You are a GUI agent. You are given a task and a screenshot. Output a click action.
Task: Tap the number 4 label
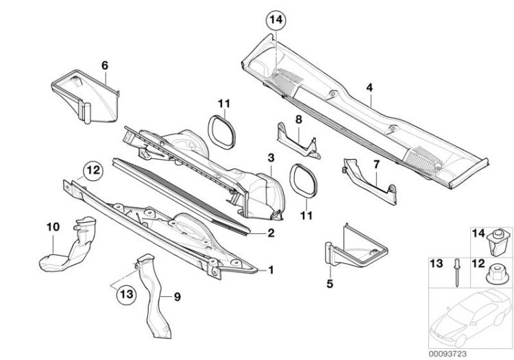pyautogui.click(x=369, y=88)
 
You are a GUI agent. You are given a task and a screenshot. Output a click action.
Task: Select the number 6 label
pyautogui.click(x=105, y=65)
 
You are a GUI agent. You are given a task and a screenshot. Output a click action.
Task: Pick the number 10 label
pyautogui.click(x=53, y=227)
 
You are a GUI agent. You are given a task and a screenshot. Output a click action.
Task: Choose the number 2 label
pyautogui.click(x=271, y=233)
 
